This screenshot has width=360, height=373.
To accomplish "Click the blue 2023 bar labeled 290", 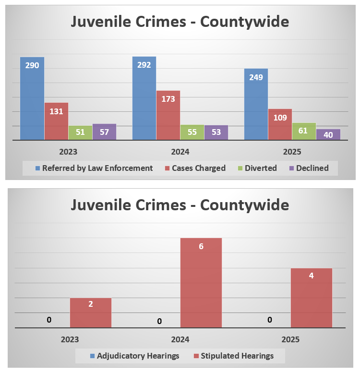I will (32, 98).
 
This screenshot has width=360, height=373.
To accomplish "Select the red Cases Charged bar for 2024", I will (168, 115).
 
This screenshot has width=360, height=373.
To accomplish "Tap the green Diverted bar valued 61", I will (304, 132).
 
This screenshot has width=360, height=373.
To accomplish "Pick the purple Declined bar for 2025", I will (328, 134).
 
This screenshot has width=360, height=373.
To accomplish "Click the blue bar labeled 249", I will (256, 104).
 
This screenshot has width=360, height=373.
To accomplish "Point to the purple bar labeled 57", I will (104, 132).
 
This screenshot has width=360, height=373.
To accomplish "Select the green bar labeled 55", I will (192, 132).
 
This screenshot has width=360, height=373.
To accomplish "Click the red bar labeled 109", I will (280, 124).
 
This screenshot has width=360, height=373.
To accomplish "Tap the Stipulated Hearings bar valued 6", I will (201, 283).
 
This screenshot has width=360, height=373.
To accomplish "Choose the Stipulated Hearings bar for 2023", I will (91, 313).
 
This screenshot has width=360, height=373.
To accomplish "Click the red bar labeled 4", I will (311, 298).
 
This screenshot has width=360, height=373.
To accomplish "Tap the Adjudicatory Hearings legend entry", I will (134, 356).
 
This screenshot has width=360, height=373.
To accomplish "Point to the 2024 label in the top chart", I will (180, 152).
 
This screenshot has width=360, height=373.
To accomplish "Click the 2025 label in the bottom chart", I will (290, 339).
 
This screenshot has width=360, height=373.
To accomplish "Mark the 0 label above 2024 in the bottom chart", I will (159, 321).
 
